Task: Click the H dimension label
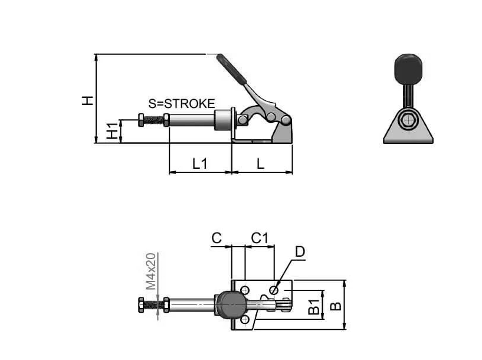click(87, 100)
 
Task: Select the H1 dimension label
click(112, 130)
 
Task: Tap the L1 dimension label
click(200, 163)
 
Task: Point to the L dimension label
click(260, 163)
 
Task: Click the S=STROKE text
click(181, 104)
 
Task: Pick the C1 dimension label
click(260, 238)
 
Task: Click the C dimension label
click(217, 238)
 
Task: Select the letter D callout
click(300, 252)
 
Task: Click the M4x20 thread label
click(150, 271)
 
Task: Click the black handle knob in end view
click(408, 69)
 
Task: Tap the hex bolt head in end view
click(408, 120)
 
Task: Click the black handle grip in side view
click(231, 70)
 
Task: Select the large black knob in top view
click(231, 305)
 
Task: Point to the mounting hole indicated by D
click(274, 290)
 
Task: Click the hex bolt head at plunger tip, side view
click(141, 120)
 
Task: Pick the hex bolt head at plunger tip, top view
click(141, 305)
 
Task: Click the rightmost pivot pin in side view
click(286, 120)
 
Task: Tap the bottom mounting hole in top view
click(245, 320)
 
